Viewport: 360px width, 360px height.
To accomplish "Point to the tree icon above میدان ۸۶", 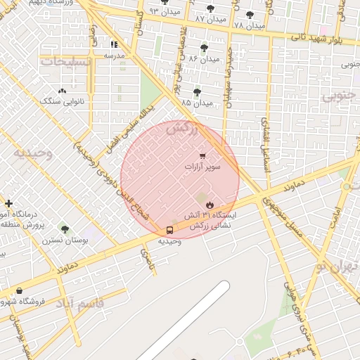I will (204, 48).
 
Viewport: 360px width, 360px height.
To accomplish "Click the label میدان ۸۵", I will (195, 103).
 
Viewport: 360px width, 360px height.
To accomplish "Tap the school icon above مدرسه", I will (114, 44).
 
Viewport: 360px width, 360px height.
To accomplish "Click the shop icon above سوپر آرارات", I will (202, 156).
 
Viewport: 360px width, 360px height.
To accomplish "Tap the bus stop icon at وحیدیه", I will (169, 230).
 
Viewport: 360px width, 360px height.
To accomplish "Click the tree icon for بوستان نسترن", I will (64, 230).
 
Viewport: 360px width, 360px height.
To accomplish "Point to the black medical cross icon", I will (8, 204).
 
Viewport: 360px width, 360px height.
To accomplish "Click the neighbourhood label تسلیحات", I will (67, 62).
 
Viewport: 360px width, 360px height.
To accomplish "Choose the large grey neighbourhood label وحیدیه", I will (34, 153).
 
